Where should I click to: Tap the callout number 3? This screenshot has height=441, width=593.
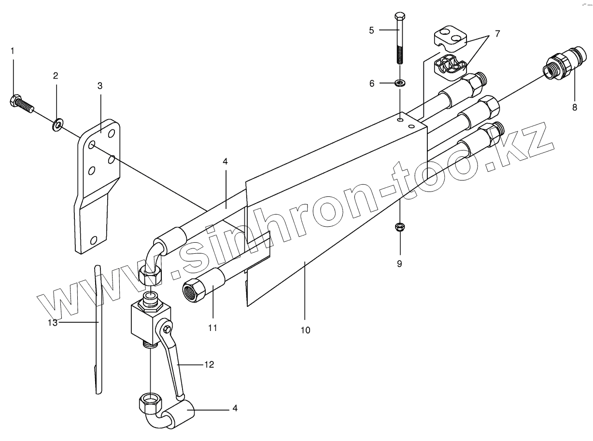tap(100, 86)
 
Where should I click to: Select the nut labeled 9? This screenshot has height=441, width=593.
tap(400, 227)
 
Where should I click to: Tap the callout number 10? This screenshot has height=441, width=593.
tap(305, 330)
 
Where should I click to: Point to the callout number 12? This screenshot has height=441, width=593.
tap(208, 365)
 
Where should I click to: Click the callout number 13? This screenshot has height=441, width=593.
tap(53, 322)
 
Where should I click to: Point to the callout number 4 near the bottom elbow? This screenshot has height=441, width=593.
tap(235, 408)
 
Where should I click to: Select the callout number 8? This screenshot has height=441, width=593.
tap(575, 108)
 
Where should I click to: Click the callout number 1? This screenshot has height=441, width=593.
tap(13, 50)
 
